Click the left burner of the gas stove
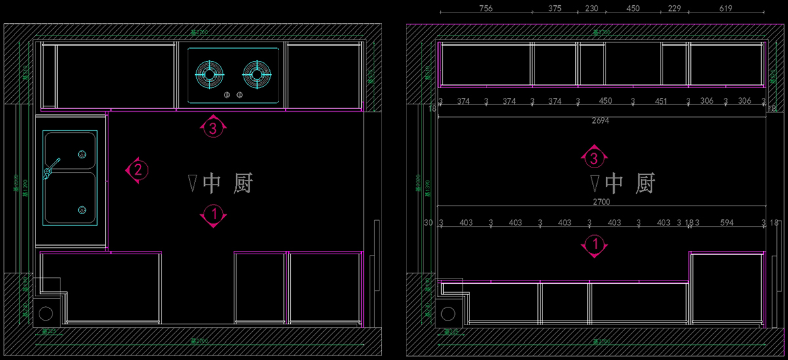coord(209,74)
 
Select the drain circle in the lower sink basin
coord(82,210)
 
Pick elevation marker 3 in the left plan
coord(212,128)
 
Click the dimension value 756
coord(486,9)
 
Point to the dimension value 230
coord(591,9)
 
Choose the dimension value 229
coord(674,9)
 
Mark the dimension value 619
coord(726,9)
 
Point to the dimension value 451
coord(660,101)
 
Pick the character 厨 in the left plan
coord(241,183)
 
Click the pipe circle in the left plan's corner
coord(47,313)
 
